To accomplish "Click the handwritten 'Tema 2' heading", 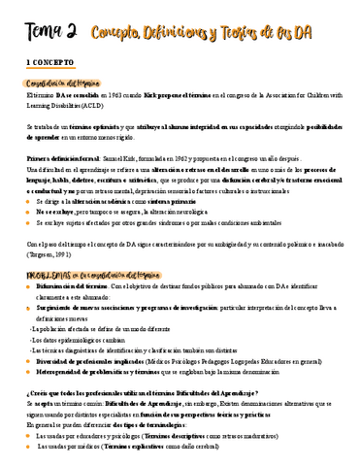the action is (x=43, y=34).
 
